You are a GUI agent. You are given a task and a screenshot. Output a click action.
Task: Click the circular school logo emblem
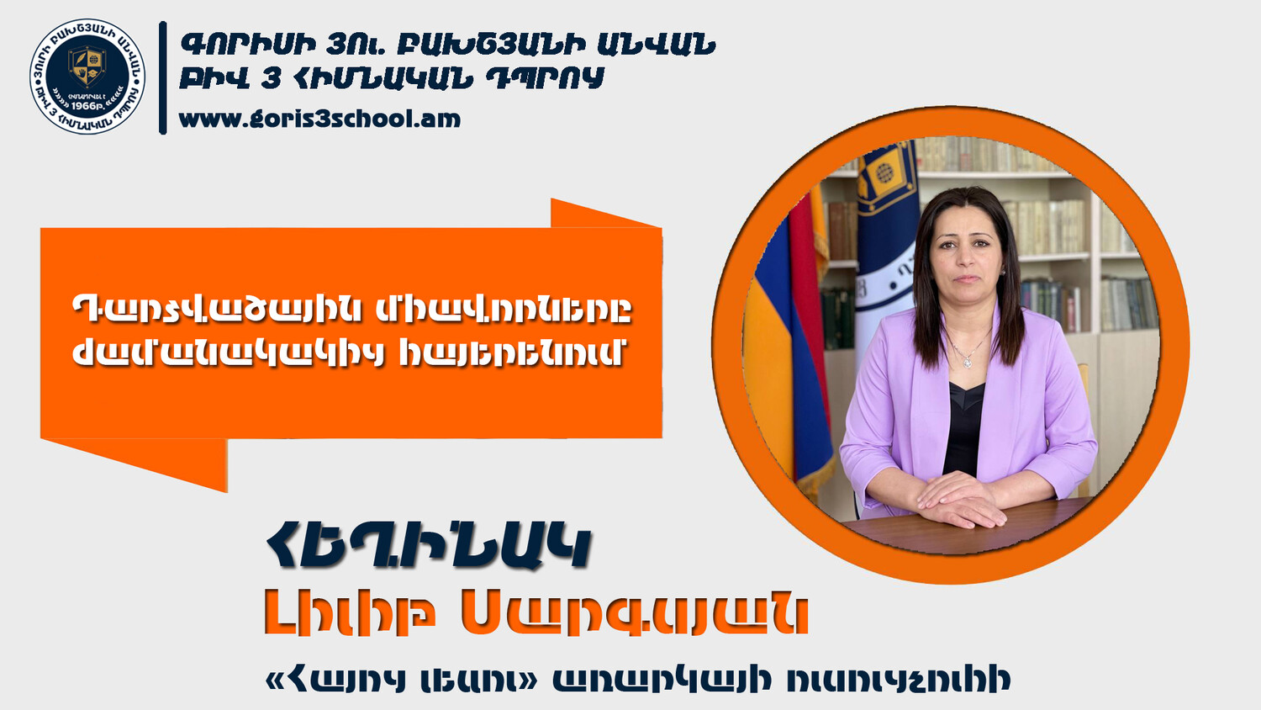[87, 76]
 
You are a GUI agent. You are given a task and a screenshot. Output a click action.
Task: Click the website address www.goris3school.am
[319, 119]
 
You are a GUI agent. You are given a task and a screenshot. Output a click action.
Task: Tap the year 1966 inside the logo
[86, 105]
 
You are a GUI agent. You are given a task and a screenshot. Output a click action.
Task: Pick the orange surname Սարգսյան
[635, 615]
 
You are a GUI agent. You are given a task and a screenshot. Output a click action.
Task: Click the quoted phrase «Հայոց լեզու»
[402, 681]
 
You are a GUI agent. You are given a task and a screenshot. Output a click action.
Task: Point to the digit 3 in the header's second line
[272, 78]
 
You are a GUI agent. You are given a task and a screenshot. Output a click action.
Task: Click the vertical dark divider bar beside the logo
[163, 77]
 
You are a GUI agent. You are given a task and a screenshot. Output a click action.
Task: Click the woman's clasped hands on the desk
[961, 500]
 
